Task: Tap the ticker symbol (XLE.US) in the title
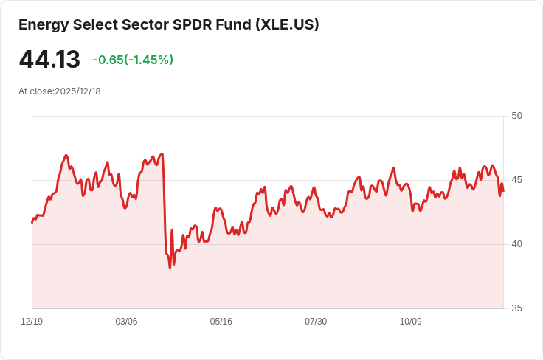287,24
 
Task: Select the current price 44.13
49,59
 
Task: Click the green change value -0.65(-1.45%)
133,60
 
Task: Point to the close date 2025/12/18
77,91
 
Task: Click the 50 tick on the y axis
516,116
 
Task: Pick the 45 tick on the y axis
516,180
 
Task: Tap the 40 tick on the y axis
516,244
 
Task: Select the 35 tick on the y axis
516,308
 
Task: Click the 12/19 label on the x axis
32,322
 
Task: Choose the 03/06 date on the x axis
126,322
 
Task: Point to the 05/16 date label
221,322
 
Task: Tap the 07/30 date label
316,322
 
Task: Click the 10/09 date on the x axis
411,322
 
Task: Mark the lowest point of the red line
170,268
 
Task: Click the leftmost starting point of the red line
32,223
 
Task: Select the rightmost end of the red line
503,191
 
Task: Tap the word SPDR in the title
193,24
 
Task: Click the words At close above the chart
36,91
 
